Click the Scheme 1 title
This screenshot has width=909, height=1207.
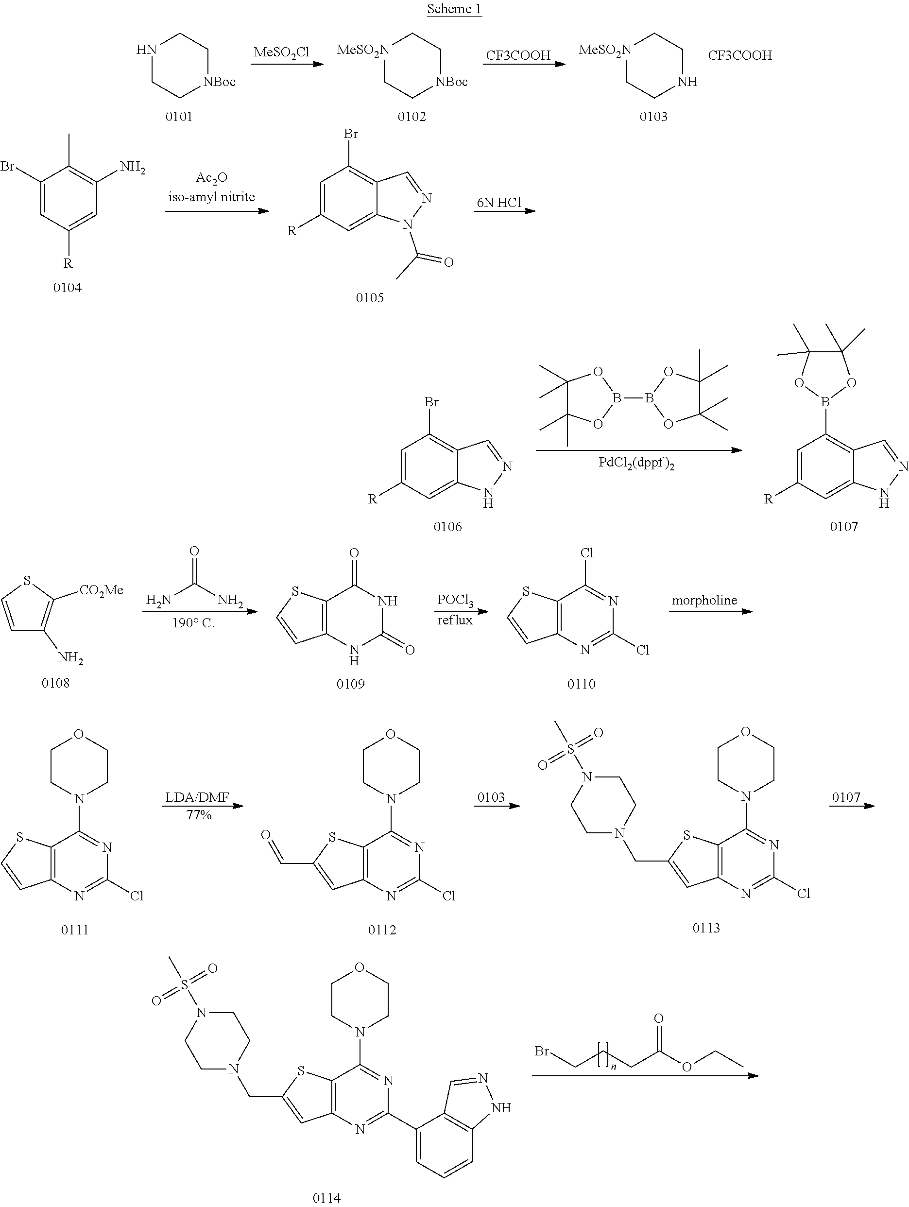point(454,9)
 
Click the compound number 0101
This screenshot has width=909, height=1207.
point(179,116)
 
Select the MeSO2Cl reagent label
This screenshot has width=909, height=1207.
point(281,52)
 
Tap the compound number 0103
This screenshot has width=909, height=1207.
point(653,116)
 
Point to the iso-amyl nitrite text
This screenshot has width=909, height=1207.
point(212,197)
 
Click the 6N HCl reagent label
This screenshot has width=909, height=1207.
point(498,203)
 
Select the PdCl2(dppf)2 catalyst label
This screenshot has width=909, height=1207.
point(636,463)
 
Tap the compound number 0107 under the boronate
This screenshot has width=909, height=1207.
point(843,526)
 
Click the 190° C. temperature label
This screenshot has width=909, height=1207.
point(193,622)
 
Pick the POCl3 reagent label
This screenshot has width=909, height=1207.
point(455,600)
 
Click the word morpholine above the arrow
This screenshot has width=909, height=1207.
point(704,600)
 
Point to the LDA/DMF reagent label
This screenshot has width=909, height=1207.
point(199,797)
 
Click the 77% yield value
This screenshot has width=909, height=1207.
point(199,815)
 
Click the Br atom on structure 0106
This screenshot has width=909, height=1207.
point(431,403)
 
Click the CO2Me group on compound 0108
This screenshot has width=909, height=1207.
point(102,590)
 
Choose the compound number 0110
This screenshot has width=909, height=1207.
point(581,684)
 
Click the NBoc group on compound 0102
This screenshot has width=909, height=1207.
point(451,82)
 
